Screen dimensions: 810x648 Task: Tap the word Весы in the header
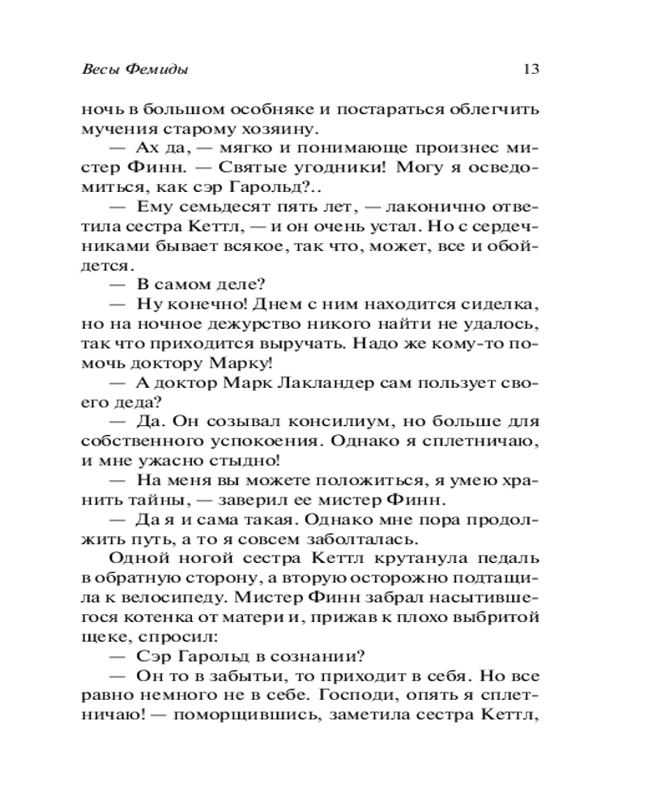pyautogui.click(x=102, y=70)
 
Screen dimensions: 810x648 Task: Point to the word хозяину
pyautogui.click(x=295, y=128)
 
